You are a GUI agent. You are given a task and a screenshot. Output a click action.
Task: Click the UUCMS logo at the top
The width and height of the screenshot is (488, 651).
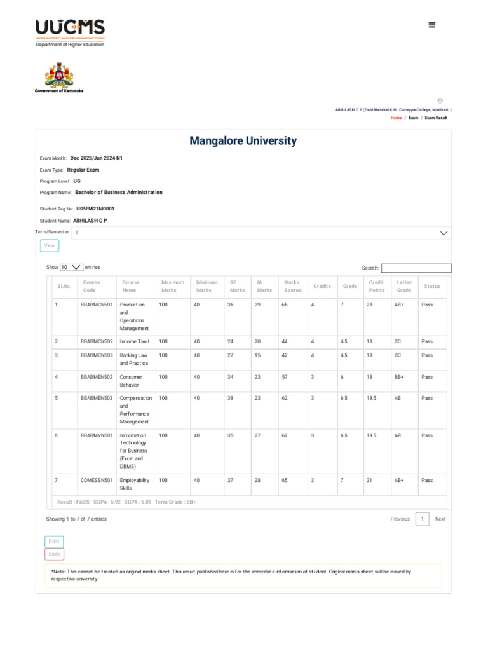pyautogui.click(x=70, y=32)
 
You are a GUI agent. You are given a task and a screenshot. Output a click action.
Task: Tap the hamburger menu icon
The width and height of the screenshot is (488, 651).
pyautogui.click(x=432, y=25)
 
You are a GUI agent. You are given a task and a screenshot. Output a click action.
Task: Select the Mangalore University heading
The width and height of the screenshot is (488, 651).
pyautogui.click(x=243, y=140)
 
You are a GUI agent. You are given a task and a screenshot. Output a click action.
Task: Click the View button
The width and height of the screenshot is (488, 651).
pyautogui.click(x=50, y=245)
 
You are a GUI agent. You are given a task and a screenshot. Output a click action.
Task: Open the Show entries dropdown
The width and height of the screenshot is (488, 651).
pyautogui.click(x=72, y=268)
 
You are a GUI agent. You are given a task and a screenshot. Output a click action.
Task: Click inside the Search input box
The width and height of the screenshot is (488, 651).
pyautogui.click(x=416, y=268)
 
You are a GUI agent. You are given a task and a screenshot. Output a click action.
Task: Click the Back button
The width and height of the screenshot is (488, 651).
pyautogui.click(x=54, y=554)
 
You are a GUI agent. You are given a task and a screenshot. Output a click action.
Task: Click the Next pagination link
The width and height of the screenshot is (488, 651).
pyautogui.click(x=440, y=519)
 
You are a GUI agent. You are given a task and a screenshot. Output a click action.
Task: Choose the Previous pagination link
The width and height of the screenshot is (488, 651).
pyautogui.click(x=400, y=519)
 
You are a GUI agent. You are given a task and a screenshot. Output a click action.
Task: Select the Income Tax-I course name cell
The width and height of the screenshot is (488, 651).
pyautogui.click(x=134, y=341)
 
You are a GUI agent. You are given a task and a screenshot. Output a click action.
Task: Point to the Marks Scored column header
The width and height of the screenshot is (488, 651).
pyautogui.click(x=292, y=286)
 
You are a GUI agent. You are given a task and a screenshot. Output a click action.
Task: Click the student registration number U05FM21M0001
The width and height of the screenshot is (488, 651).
pyautogui.click(x=95, y=209)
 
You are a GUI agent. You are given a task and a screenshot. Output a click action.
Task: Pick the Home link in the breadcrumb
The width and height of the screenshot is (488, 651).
pyautogui.click(x=396, y=118)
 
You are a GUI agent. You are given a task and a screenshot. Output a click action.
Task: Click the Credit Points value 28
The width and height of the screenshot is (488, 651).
pyautogui.click(x=369, y=305)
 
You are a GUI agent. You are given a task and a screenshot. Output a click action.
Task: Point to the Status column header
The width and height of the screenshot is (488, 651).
pyautogui.click(x=431, y=286)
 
